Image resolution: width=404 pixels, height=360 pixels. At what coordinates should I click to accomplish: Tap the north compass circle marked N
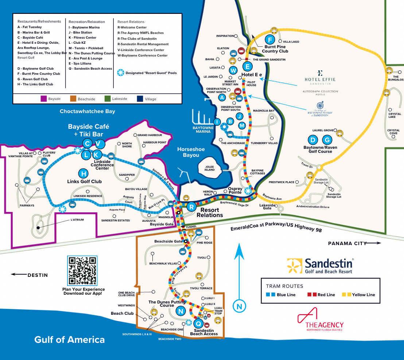pos(239,306)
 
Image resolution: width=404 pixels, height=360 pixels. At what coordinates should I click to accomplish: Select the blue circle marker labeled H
pos(84,174)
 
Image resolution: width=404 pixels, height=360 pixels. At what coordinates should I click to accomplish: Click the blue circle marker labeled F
pos(270,40)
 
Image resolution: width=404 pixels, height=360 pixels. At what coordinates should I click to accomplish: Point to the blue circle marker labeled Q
pos(198,323)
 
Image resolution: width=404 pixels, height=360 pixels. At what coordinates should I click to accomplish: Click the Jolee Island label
pos(210,168)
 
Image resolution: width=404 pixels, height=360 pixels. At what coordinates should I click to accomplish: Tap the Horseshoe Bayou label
pos(191,152)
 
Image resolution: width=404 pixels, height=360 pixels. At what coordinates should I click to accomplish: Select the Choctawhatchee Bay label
pos(88,111)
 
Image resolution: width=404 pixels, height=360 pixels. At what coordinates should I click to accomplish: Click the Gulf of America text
pos(69,340)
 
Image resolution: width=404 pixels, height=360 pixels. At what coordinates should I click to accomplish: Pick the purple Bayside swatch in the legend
pos(44,99)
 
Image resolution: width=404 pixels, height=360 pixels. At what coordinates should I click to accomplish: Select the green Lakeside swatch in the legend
pos(107,99)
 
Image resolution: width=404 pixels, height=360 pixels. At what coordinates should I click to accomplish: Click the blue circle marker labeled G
pos(327,140)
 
